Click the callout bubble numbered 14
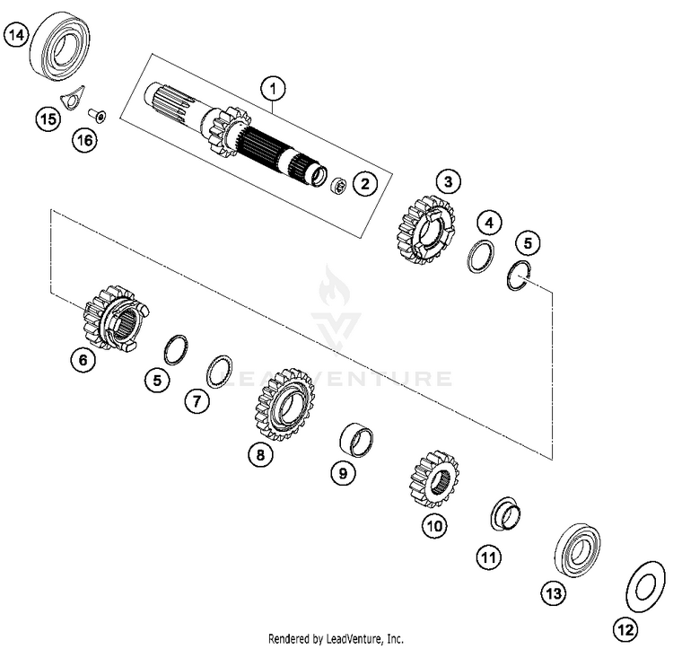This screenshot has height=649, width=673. click(16, 36)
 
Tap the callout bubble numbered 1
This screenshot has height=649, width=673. click(274, 88)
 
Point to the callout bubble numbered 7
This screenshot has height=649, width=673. click(197, 402)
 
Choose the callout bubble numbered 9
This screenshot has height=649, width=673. click(342, 473)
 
